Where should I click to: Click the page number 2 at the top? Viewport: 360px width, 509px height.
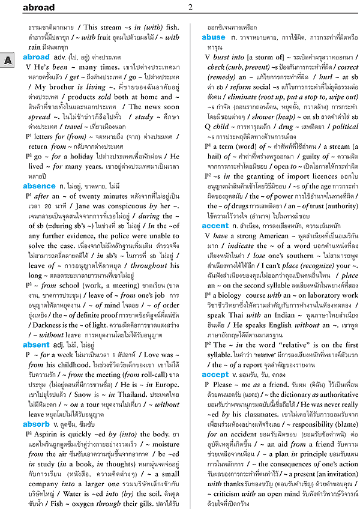(190, 7)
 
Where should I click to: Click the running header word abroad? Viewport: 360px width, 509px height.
(38, 8)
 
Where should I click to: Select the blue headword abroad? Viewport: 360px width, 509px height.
(36, 57)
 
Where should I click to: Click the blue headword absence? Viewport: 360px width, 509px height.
(38, 186)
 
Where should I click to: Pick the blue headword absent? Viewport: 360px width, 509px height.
(36, 345)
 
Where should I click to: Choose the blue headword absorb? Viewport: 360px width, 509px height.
(36, 424)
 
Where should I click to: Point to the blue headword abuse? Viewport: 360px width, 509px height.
(214, 37)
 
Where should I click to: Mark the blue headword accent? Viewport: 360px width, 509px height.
(215, 226)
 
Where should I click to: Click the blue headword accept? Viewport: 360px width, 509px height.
(215, 375)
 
